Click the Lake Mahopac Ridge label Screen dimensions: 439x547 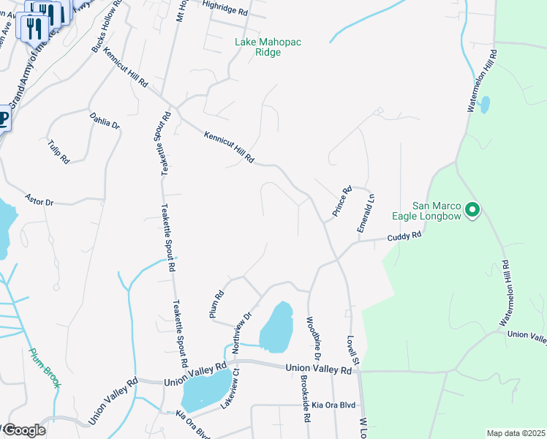(268, 48)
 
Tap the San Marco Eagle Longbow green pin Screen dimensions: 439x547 (472, 211)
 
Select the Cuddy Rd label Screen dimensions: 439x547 (404, 236)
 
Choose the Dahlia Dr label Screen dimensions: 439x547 (105, 121)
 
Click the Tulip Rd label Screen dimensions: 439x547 (59, 151)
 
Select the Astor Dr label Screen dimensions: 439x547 (39, 199)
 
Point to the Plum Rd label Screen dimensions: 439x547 (218, 302)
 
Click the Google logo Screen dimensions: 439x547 (23, 430)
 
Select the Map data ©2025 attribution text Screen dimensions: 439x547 (516, 433)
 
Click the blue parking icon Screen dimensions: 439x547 (3, 119)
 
